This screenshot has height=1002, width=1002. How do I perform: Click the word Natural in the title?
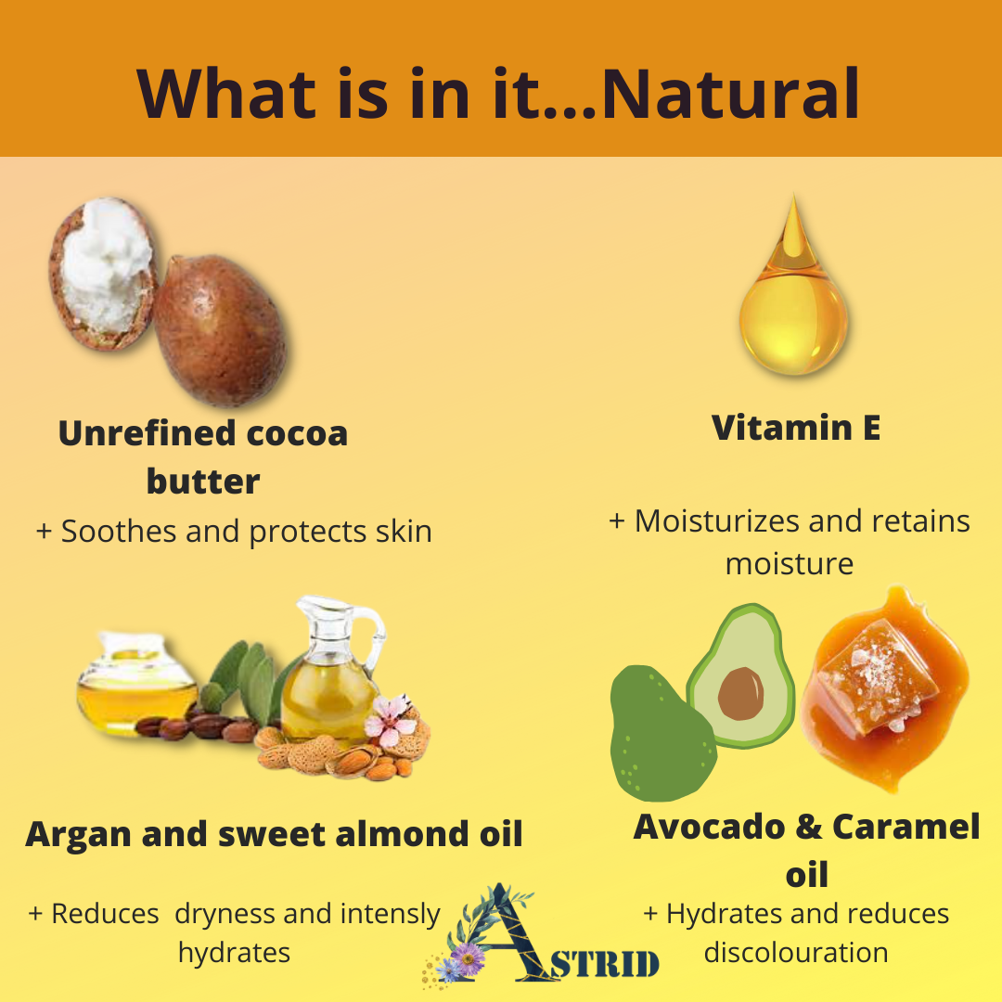pos(730,95)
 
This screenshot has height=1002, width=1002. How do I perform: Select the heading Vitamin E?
pos(796,428)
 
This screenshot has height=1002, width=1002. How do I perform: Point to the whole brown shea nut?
pos(220,329)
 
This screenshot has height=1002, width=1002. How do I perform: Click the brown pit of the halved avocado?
pos(740,693)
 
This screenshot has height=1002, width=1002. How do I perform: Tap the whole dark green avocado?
pos(662,733)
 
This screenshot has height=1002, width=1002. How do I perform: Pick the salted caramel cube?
pos(876,677)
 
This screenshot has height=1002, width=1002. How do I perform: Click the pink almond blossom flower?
pos(390,720)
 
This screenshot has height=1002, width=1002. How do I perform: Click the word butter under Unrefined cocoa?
pos(203,482)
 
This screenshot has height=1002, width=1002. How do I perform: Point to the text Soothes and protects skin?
pos(246,531)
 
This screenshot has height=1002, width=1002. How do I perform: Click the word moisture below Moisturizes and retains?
pos(790,564)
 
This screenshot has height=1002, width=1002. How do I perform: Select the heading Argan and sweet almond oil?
pos(274,834)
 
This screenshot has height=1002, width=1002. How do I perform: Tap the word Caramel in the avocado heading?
pos(906,827)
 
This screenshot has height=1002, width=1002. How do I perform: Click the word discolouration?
pos(796,952)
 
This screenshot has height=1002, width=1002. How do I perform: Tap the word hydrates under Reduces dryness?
pos(234,953)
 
